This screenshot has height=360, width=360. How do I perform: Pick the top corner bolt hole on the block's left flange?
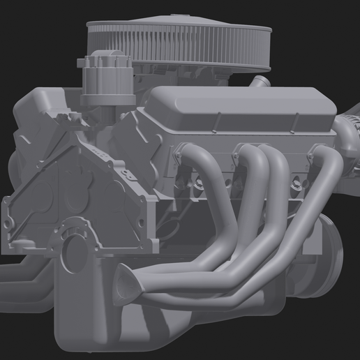9,202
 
